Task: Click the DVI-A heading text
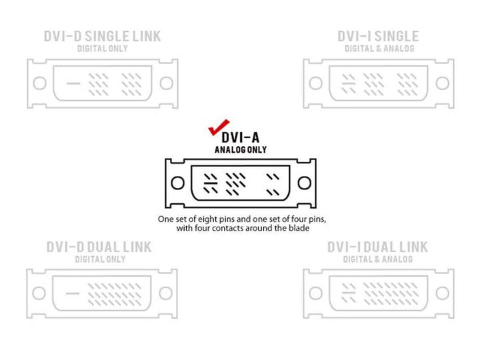(x=240, y=137)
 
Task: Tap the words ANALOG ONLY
(x=241, y=150)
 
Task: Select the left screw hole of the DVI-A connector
(x=177, y=183)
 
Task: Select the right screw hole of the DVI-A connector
(x=304, y=183)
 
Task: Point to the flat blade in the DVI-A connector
(x=211, y=183)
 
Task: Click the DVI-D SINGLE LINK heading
(x=102, y=36)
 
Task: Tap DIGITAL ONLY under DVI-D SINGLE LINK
(x=102, y=49)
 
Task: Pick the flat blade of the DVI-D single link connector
(x=73, y=83)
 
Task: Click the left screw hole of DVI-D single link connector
(x=40, y=83)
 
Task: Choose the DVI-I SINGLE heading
(x=378, y=36)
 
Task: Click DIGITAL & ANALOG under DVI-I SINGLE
(x=379, y=49)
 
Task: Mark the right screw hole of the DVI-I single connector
(x=443, y=83)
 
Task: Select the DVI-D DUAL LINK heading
(x=99, y=247)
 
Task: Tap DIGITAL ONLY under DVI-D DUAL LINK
(x=101, y=259)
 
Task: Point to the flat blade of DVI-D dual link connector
(x=73, y=293)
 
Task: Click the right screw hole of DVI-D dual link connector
(x=165, y=293)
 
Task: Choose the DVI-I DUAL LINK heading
(x=377, y=247)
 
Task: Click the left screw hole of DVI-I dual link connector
(x=315, y=293)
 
